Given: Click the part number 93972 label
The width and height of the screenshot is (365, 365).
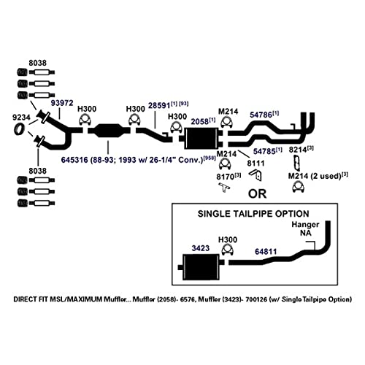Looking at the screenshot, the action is tap(62, 103).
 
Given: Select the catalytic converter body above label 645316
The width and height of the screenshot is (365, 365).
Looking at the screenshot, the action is tap(109, 131).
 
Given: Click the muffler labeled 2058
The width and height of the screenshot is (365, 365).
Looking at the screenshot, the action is tap(201, 138).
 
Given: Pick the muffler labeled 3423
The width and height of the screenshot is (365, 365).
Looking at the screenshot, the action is tap(201, 267).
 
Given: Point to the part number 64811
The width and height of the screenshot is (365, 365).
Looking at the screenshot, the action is tap(266, 251).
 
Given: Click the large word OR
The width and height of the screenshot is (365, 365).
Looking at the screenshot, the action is tap(257, 193).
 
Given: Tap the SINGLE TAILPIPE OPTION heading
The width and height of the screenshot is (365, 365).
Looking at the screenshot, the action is tap(253, 214).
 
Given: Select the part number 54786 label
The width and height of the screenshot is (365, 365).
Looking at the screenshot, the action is tap(261, 115).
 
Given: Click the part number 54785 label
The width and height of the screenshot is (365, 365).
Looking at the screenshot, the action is tap(264, 151).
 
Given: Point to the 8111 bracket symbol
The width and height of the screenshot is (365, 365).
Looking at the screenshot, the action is tap(255, 174).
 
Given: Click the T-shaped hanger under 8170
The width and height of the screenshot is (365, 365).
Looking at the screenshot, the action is tap(224, 187).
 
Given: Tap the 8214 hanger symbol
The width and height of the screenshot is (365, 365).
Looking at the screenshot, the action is tap(296, 163).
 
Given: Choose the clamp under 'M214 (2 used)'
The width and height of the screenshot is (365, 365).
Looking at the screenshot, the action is tap(298, 187).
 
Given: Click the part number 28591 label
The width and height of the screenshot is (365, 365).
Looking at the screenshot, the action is tap(159, 106).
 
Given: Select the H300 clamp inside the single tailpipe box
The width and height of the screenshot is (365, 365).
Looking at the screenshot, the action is tap(228, 250).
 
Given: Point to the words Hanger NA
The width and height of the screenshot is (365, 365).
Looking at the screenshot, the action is tap(305, 228).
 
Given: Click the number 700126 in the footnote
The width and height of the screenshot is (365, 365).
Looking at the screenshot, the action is tap(256, 299).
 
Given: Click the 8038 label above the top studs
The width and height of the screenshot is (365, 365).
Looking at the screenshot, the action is tap(37, 63).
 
